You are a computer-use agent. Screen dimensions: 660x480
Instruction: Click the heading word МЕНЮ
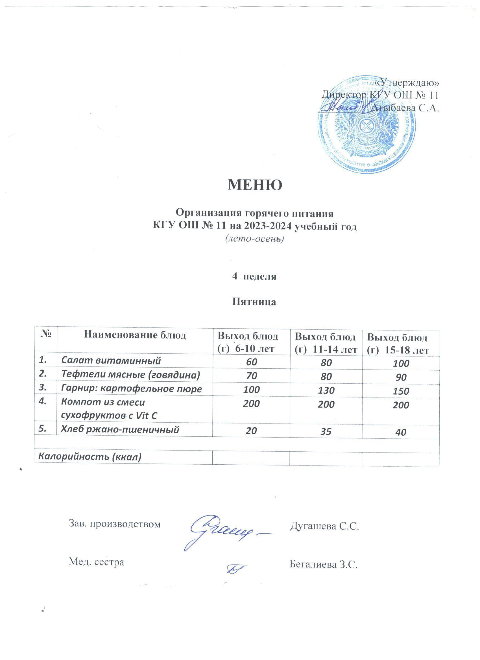coord(255,185)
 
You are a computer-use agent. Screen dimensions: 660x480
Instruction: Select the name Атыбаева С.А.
coord(405,108)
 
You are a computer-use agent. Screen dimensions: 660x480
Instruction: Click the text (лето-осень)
coord(254,239)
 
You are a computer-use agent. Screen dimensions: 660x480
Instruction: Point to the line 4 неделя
coord(254,276)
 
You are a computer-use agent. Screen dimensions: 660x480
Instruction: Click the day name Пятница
coord(254,302)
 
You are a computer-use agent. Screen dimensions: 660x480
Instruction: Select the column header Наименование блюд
coord(135,336)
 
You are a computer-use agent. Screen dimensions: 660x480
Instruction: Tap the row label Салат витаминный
coord(111,361)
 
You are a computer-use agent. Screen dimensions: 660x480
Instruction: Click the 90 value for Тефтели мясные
coord(401,377)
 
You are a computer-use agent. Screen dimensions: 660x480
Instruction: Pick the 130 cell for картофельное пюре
coord(326,390)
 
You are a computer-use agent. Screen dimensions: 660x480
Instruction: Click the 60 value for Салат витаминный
coord(252,362)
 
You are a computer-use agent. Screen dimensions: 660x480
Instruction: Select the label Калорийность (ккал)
coord(90,457)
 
